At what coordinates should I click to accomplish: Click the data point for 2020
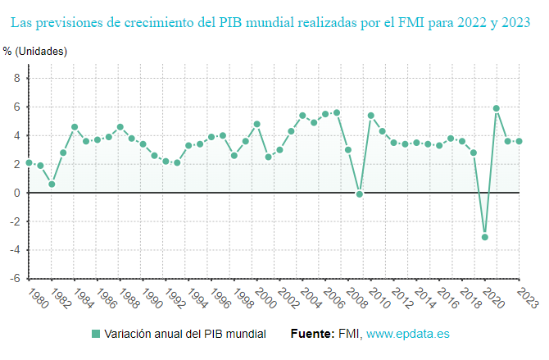pos(485,237)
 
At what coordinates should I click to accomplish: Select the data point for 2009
pos(360,194)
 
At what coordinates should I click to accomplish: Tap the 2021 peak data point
pos(497,108)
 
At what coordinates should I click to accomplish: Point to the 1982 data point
pos(52,185)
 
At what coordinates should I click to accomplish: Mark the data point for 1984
pos(75,127)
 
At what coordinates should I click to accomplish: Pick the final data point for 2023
pos(520,141)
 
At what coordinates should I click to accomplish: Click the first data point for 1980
pos(29,162)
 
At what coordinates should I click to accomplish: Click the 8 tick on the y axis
pos(16,78)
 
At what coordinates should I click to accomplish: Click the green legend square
pos(96,335)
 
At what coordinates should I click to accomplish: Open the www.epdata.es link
pos(407,335)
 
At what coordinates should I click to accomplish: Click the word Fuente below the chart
pos(312,335)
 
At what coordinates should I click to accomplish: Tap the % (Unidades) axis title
pos(35,52)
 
